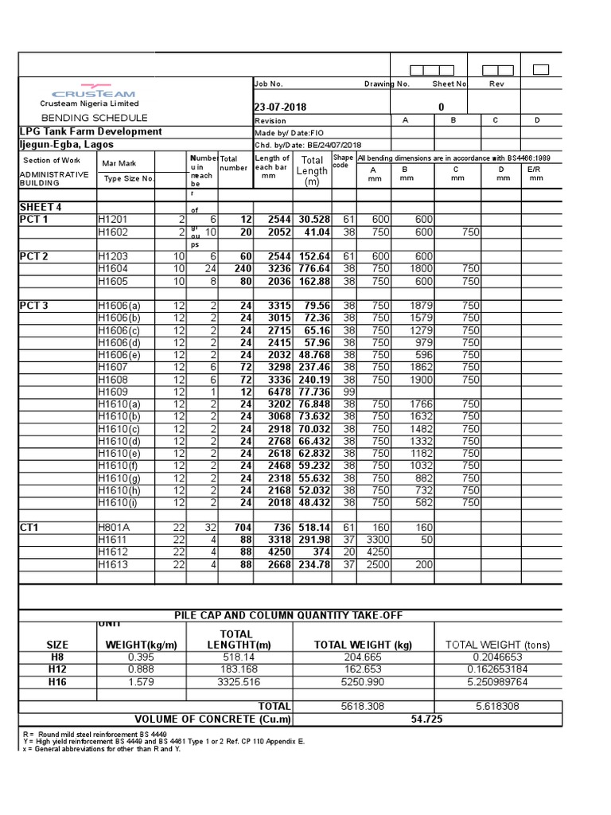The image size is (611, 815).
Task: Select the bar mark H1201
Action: pyautogui.click(x=112, y=219)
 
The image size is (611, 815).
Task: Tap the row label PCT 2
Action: pyautogui.click(x=34, y=257)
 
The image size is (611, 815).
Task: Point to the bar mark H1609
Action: pyautogui.click(x=112, y=392)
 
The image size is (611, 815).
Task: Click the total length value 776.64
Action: pyautogui.click(x=313, y=269)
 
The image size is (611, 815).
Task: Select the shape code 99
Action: pyautogui.click(x=348, y=392)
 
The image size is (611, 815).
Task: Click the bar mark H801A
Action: pyautogui.click(x=115, y=528)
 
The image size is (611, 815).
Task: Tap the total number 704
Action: pyautogui.click(x=241, y=528)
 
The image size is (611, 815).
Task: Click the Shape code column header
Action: pyautogui.click(x=343, y=162)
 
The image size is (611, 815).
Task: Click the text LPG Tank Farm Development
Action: pyautogui.click(x=91, y=132)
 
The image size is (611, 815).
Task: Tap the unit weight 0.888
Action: pyautogui.click(x=140, y=670)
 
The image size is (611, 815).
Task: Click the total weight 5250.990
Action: pyautogui.click(x=364, y=682)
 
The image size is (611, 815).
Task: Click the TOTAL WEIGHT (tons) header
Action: pyautogui.click(x=497, y=645)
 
